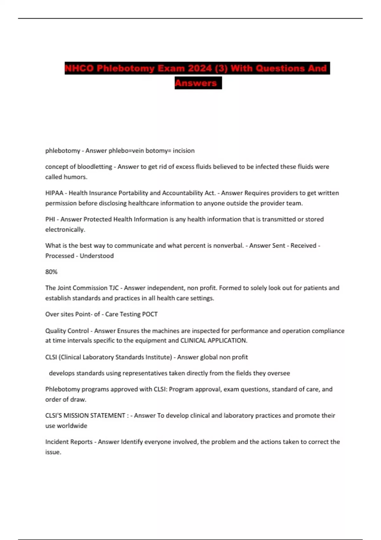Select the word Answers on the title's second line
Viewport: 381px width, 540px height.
point(196,83)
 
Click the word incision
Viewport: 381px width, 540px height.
point(184,151)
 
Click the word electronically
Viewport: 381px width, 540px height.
point(65,230)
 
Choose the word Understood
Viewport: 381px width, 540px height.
point(97,256)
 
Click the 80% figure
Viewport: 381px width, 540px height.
point(51,272)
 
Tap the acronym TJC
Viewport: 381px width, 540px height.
point(114,288)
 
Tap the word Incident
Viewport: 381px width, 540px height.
point(57,442)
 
